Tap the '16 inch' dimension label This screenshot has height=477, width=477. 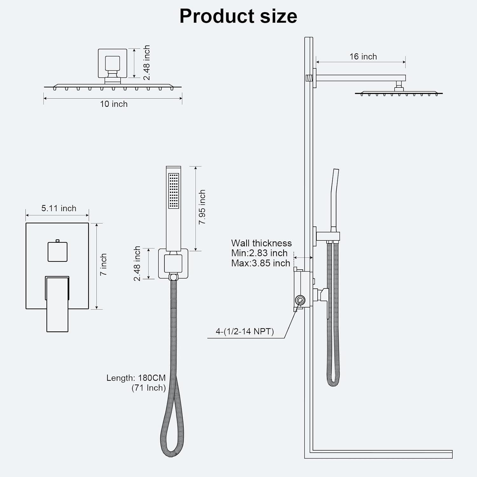coord(363,57)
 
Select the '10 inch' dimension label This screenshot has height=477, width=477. coord(114,104)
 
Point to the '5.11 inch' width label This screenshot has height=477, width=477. coord(59,208)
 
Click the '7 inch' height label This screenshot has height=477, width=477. coord(103,265)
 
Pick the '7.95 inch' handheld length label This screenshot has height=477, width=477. coord(202,207)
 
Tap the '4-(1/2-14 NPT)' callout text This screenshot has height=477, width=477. coord(245,331)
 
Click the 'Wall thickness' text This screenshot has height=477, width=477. coord(261,243)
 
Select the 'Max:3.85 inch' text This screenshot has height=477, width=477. coord(261,263)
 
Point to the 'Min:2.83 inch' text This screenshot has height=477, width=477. coord(259,253)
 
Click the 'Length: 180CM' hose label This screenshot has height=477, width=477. coord(136,378)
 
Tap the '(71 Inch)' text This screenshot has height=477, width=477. coord(149,388)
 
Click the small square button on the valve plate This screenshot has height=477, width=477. coord(58,252)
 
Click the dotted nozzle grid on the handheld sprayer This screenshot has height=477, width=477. coord(174,191)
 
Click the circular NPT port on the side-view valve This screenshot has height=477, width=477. coord(300,300)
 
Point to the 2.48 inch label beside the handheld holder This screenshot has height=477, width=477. coord(137,264)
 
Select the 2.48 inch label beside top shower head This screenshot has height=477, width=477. coord(146,63)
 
